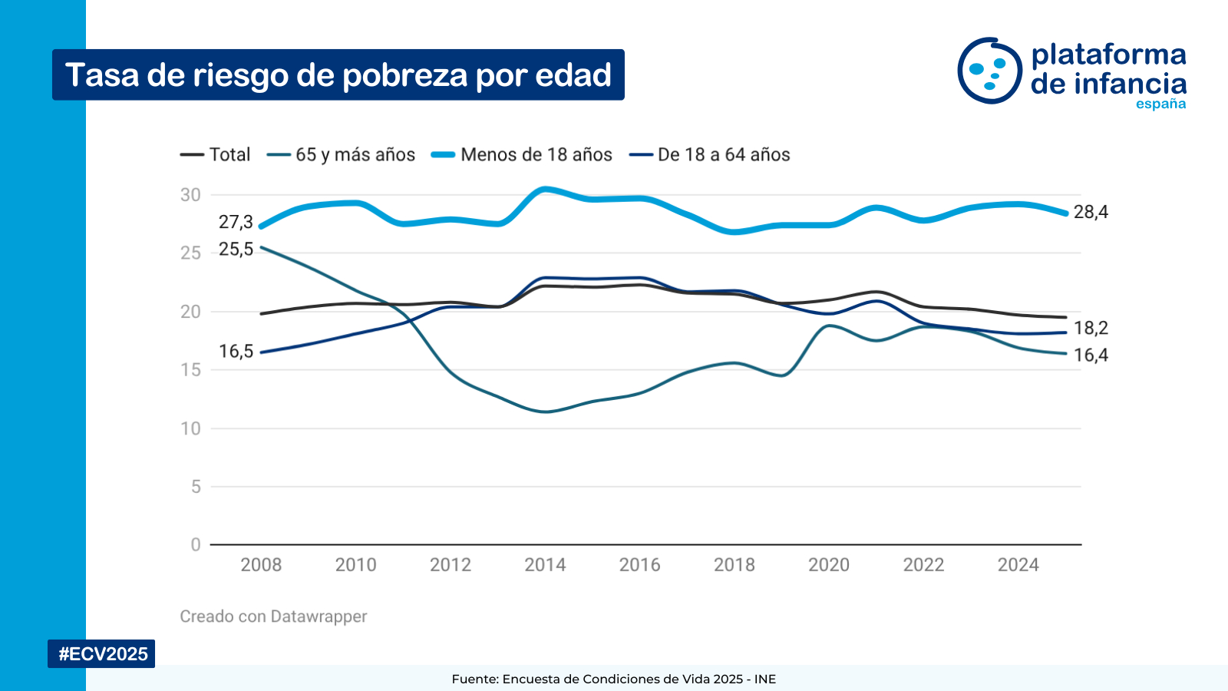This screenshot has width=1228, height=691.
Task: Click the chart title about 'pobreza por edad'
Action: [x=338, y=75]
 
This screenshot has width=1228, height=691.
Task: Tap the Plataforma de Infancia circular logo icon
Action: [x=989, y=71]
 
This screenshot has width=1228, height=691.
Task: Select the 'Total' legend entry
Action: [x=216, y=154]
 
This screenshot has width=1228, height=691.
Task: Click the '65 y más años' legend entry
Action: [x=342, y=154]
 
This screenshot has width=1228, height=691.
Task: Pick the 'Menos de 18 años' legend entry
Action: [x=522, y=154]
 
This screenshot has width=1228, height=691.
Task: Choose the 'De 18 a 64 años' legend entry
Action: [x=710, y=154]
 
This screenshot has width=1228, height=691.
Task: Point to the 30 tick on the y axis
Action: [x=190, y=195]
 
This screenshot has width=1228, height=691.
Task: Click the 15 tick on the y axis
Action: [x=190, y=370]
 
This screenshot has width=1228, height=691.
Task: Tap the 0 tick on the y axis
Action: [x=196, y=545]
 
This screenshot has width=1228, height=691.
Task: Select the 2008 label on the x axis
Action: [x=261, y=565]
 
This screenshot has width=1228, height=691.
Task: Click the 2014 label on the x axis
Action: [x=545, y=565]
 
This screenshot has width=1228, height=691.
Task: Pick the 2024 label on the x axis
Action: [x=1018, y=565]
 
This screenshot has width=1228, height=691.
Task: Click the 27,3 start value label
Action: [x=236, y=223]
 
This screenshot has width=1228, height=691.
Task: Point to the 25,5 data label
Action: [x=236, y=250]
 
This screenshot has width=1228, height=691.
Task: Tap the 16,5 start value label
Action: [x=236, y=352]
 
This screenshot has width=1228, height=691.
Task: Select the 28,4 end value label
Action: [x=1091, y=213]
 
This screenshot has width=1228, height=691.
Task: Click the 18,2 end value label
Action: [x=1091, y=329]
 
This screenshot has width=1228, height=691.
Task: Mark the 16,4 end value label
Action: [x=1091, y=355]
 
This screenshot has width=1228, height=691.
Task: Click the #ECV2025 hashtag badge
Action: [x=102, y=654]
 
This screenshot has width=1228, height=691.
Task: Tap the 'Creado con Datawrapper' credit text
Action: [x=273, y=617]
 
